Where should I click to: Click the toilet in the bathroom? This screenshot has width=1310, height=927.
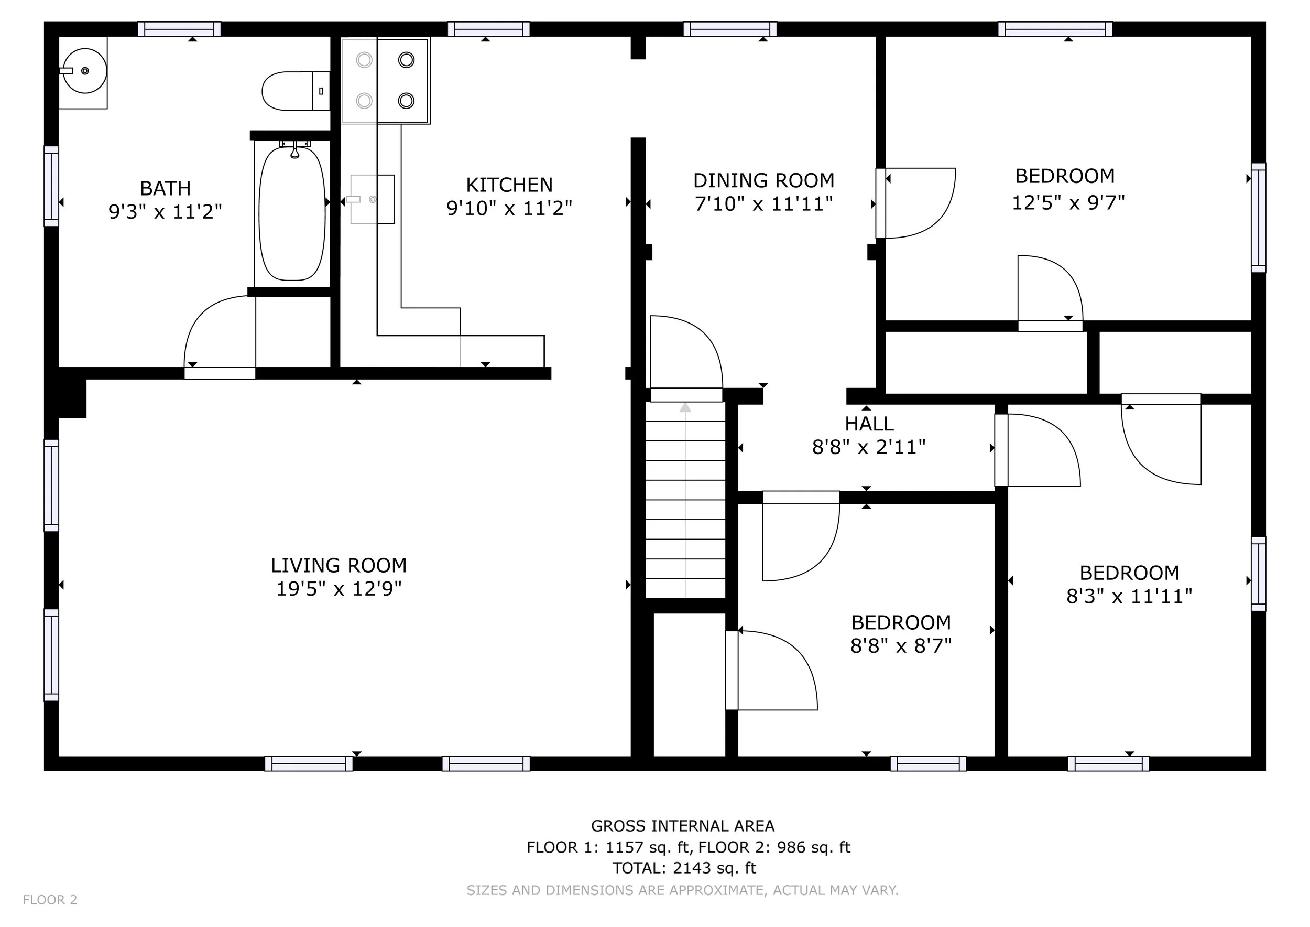pyautogui.click(x=296, y=91)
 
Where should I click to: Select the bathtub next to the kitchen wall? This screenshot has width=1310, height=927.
pyautogui.click(x=292, y=213)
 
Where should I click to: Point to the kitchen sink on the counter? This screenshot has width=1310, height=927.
pyautogui.click(x=372, y=199)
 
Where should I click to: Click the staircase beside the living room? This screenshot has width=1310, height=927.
pyautogui.click(x=685, y=500)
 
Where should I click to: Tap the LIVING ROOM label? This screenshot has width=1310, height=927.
pyautogui.click(x=339, y=566)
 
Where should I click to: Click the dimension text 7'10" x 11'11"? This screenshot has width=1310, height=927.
pyautogui.click(x=763, y=204)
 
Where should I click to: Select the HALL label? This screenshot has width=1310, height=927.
pyautogui.click(x=869, y=424)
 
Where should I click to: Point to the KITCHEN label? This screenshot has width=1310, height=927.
pyautogui.click(x=509, y=185)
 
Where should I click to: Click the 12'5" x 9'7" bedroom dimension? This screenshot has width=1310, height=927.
pyautogui.click(x=1068, y=202)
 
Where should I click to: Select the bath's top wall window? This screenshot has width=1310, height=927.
pyautogui.click(x=179, y=29)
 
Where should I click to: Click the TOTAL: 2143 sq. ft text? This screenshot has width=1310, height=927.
pyautogui.click(x=684, y=868)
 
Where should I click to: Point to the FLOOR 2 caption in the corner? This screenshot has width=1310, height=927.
pyautogui.click(x=50, y=900)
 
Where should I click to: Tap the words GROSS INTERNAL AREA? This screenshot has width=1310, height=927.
pyautogui.click(x=682, y=826)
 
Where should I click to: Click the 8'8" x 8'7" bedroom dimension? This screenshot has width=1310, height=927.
pyautogui.click(x=901, y=646)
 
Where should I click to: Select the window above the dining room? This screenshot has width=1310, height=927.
pyautogui.click(x=730, y=29)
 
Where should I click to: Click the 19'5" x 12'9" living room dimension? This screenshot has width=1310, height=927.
pyautogui.click(x=339, y=588)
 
